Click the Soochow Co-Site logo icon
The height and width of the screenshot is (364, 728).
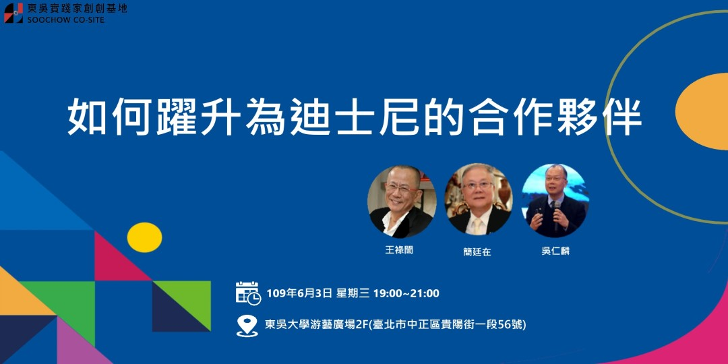click(13, 13)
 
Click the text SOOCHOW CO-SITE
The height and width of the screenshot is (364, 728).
click(66, 20)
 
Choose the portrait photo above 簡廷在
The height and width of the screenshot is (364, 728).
click(478, 200)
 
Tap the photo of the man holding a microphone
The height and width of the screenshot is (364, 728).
click(555, 200)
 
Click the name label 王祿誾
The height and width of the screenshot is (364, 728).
click(398, 250)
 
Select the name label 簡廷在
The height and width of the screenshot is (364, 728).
click(477, 251)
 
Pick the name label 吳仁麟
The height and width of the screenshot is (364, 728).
click(555, 251)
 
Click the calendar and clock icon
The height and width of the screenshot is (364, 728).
click(247, 293)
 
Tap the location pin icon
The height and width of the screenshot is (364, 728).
click(247, 325)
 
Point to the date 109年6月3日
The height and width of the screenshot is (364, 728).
click(299, 293)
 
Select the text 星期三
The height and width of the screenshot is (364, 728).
click(353, 293)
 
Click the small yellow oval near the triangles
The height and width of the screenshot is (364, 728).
click(144, 237)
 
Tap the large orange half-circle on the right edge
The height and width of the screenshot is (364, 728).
click(704, 112)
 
